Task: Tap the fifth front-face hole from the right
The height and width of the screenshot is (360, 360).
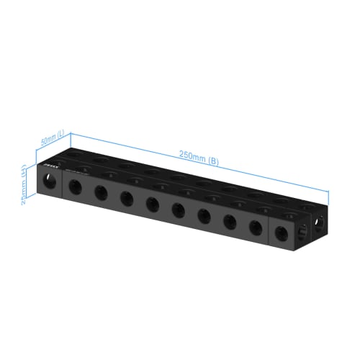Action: [x=178, y=210]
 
